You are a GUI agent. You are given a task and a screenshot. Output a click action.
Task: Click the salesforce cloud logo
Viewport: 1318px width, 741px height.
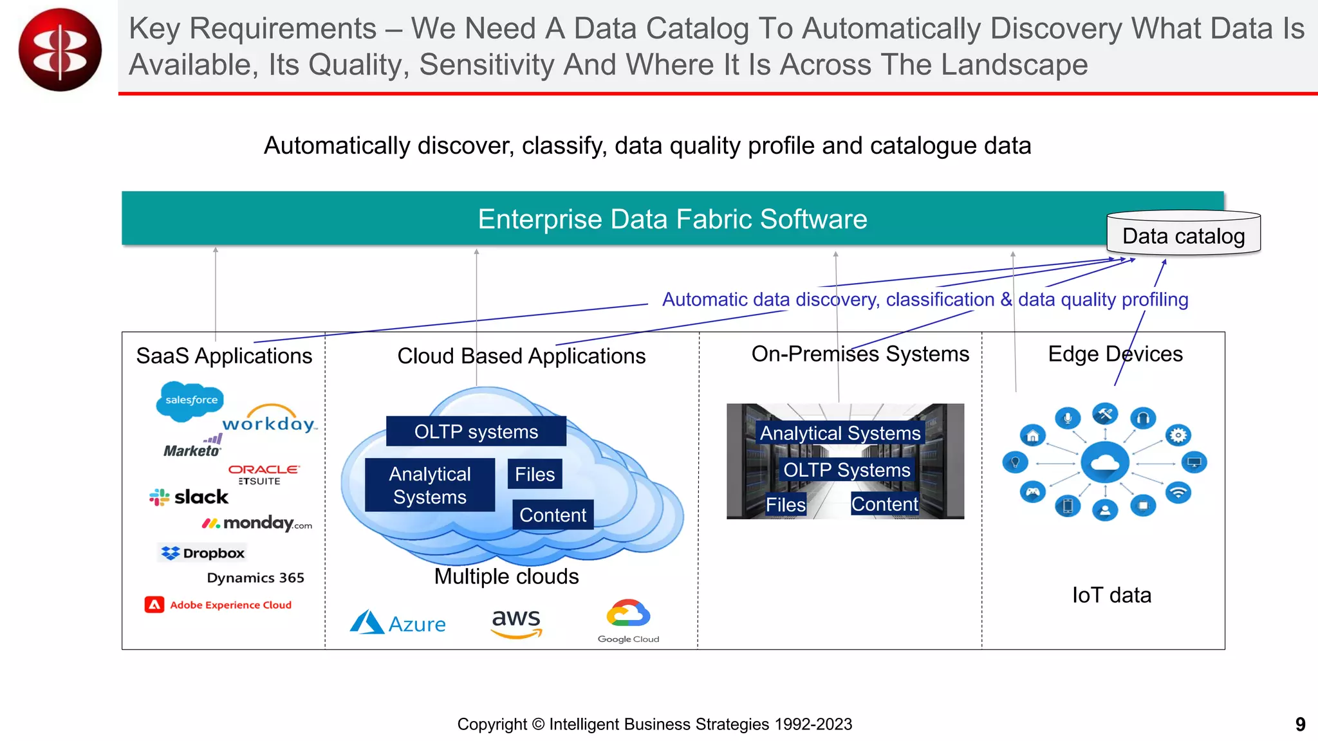point(190,401)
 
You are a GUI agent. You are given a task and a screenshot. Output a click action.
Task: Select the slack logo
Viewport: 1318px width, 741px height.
point(189,497)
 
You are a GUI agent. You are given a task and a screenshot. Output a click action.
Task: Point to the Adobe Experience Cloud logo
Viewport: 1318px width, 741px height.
point(218,605)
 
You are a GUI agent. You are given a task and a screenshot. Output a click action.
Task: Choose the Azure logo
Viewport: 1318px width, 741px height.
point(398,623)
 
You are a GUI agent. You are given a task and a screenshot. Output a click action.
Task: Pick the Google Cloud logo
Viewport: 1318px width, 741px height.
point(628,621)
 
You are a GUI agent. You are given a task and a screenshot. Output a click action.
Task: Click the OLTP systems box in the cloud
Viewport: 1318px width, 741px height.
point(476,432)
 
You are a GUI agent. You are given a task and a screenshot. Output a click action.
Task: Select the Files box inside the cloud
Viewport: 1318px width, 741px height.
point(534,474)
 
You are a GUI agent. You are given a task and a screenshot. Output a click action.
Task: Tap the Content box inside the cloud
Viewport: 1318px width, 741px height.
point(552,515)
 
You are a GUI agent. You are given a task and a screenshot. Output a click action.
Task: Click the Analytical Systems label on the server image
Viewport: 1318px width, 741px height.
point(840,433)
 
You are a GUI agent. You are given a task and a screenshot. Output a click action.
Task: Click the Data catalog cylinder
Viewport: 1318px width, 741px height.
point(1183,235)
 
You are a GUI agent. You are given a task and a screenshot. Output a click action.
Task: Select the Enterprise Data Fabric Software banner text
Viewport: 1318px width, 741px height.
point(672,219)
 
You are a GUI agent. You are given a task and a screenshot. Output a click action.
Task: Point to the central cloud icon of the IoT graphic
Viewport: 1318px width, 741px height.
point(1105,462)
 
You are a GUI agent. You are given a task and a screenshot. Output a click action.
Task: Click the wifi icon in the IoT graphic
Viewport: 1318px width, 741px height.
point(1178,493)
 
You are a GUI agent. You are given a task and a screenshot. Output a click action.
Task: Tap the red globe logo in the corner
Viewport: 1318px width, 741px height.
point(60,50)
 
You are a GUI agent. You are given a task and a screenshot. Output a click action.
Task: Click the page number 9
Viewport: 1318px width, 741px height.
point(1300,724)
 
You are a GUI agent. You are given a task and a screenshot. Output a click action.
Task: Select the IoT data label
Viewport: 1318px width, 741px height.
point(1111,595)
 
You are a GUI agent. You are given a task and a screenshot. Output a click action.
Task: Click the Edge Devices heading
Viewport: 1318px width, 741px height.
point(1115,354)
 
